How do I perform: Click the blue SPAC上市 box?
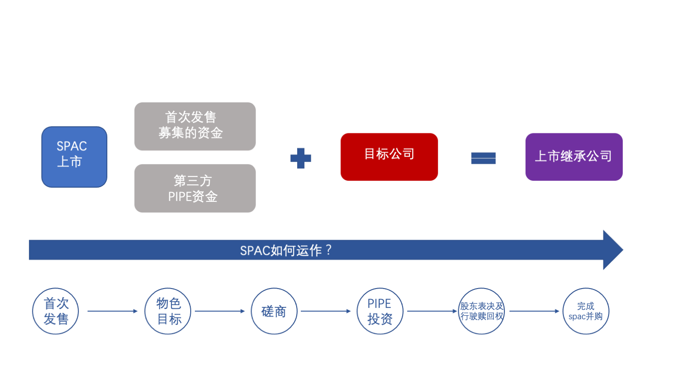coord(74,157)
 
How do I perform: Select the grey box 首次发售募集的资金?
coord(195,126)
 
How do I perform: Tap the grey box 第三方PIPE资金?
coord(195,188)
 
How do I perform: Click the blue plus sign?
coord(301,158)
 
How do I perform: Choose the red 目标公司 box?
coord(389,157)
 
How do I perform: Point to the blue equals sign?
coord(483,158)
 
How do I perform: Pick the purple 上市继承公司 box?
coord(574,157)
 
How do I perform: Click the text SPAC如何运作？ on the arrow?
coord(286,250)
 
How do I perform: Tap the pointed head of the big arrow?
coord(613,250)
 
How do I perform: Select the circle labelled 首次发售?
coord(56,311)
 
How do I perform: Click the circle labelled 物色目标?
coord(168,311)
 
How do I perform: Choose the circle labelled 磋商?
coord(274,311)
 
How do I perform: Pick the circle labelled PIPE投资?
coord(380,311)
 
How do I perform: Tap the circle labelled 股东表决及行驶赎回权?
coord(481,311)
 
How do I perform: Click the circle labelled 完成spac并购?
coord(586,311)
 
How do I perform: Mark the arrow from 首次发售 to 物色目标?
coord(112,311)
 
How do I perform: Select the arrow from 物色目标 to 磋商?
coord(220,311)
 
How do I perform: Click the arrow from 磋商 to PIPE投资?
coord(326,311)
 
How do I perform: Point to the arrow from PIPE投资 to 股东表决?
coord(432,311)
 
